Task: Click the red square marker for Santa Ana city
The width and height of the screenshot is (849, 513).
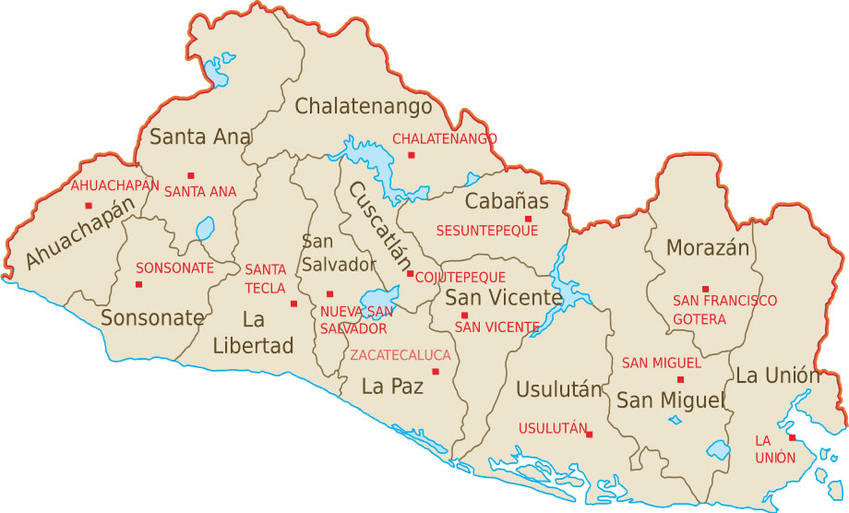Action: (x=191, y=175)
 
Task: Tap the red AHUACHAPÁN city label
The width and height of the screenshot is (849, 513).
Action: (x=114, y=185)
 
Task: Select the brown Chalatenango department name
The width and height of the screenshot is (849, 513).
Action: (x=364, y=107)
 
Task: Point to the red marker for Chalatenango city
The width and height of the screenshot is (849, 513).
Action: (x=412, y=155)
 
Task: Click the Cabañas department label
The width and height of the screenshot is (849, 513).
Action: (x=507, y=201)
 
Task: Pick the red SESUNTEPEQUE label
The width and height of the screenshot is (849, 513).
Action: (x=486, y=230)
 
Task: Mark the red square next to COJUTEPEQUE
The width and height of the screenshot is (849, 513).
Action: (x=410, y=274)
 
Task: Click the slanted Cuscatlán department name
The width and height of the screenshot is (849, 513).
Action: (x=379, y=224)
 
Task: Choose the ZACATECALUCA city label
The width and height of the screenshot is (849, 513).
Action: (x=400, y=355)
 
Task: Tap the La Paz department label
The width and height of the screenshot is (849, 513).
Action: (x=392, y=387)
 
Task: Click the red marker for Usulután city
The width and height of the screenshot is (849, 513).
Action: (x=589, y=435)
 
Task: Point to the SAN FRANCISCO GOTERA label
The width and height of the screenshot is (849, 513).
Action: (x=724, y=310)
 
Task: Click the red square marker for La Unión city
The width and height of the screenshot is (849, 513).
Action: (x=792, y=437)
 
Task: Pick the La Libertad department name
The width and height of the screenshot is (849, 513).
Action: (x=253, y=333)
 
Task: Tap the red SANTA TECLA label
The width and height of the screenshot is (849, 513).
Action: (x=265, y=279)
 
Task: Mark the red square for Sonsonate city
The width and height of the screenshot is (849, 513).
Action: (x=139, y=284)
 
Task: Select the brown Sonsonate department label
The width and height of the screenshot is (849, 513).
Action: (x=152, y=318)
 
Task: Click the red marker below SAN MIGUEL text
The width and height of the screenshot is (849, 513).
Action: (x=681, y=379)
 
